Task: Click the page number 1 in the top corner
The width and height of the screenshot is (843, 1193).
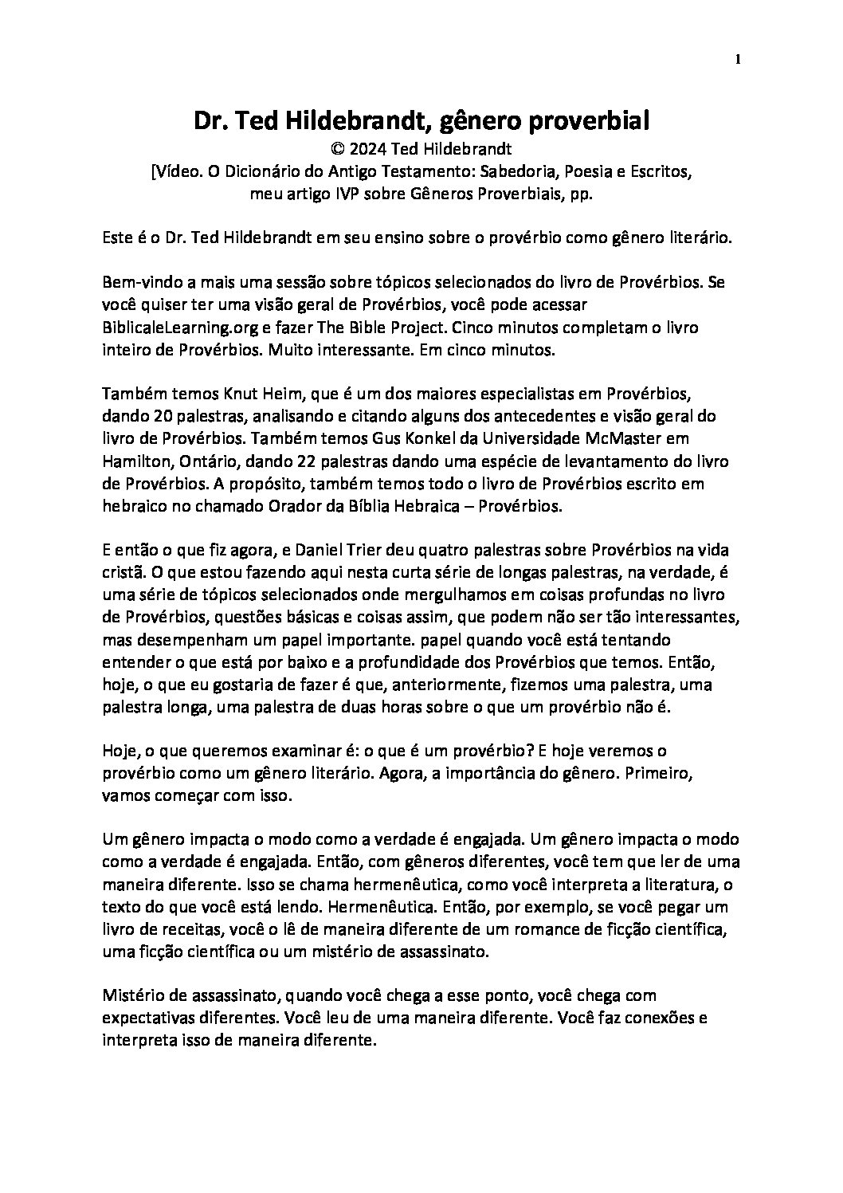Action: point(738,59)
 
